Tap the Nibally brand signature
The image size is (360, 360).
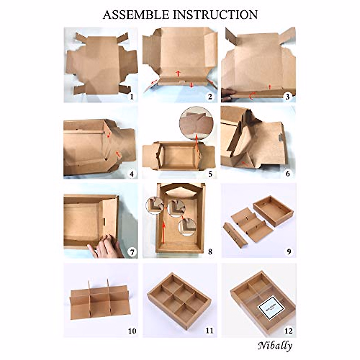point(274,346)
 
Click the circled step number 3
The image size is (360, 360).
point(288,97)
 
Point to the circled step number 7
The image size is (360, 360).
point(131,252)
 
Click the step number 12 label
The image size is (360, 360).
point(288,331)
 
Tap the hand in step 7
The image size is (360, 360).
point(106,247)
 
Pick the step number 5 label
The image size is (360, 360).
point(210,174)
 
